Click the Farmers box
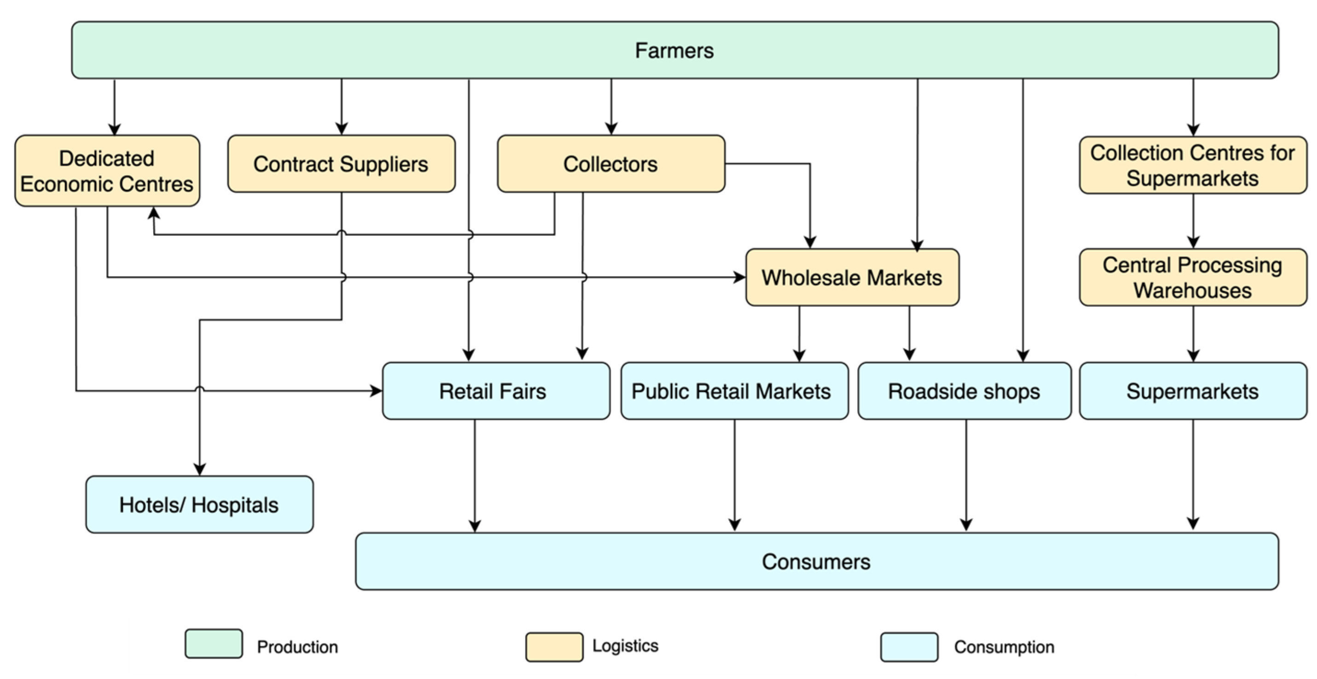click(675, 50)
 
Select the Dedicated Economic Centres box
click(107, 171)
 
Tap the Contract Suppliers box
click(341, 164)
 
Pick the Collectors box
click(611, 164)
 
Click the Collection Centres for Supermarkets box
click(1193, 165)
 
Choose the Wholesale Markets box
click(852, 277)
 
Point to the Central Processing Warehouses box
click(1193, 277)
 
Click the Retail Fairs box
click(496, 391)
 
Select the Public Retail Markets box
click(734, 391)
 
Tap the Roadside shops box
click(964, 391)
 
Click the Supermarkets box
click(1193, 391)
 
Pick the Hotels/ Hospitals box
click(199, 504)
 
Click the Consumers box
click(817, 561)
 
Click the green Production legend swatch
click(214, 644)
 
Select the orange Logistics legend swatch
click(554, 647)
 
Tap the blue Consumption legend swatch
click(909, 647)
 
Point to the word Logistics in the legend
click(625, 646)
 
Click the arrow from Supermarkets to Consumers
click(1193, 475)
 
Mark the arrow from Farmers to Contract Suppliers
click(341, 107)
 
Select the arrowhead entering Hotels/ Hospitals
click(199, 469)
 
